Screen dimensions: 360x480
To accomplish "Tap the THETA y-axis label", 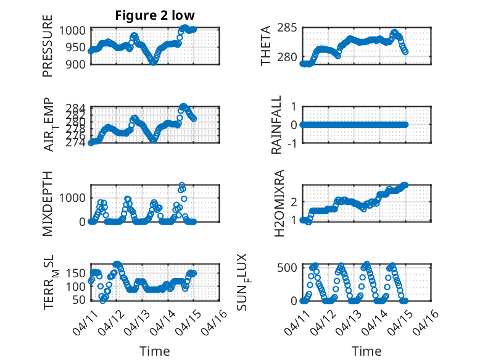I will tap(266, 46).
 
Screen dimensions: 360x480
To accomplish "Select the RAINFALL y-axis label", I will tap(277, 125).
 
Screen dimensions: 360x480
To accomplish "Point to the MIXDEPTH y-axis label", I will tap(48, 203).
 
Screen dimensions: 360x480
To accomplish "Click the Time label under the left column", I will tap(155, 351).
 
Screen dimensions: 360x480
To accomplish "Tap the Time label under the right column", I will tap(366, 351).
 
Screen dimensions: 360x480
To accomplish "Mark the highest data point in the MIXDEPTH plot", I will tap(181, 185).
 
